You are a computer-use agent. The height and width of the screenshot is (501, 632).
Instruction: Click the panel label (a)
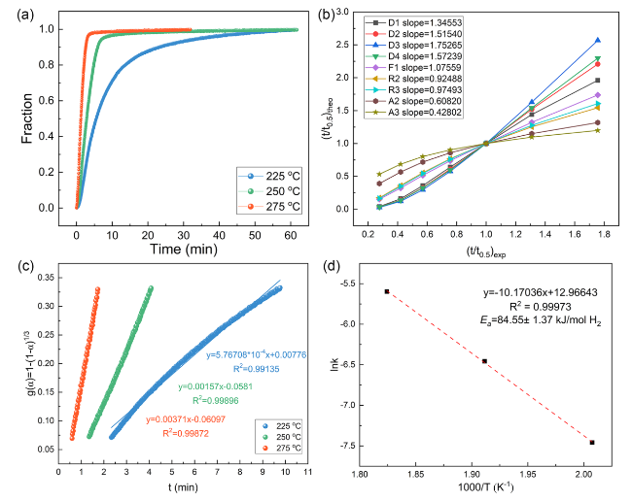click(28, 13)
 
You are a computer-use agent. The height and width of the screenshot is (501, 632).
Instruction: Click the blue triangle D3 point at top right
click(597, 41)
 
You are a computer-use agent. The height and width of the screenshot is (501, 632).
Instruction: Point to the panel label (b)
click(348, 13)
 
